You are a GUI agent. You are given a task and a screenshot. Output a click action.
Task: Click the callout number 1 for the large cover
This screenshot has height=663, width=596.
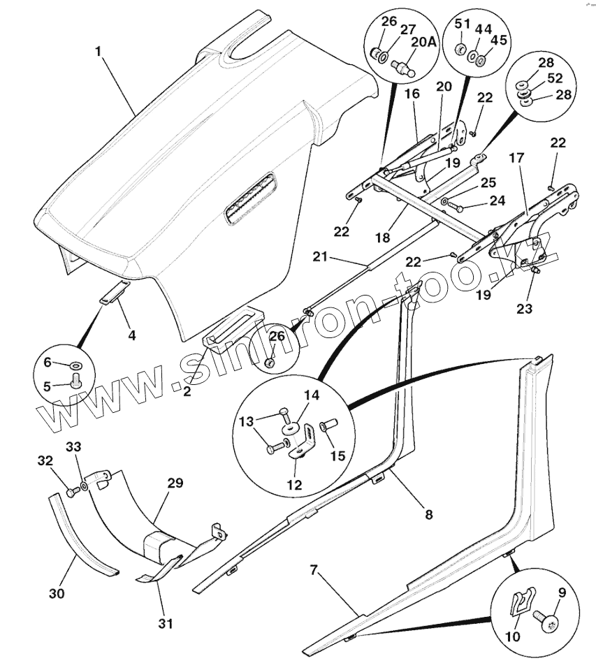pos(99,52)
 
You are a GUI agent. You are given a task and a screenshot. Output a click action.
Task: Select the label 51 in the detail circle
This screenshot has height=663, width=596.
pos(463,24)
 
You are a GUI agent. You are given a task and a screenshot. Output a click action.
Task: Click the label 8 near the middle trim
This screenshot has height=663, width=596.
pos(428,514)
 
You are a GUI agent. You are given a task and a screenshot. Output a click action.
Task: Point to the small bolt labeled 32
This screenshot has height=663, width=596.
pos(71,493)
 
